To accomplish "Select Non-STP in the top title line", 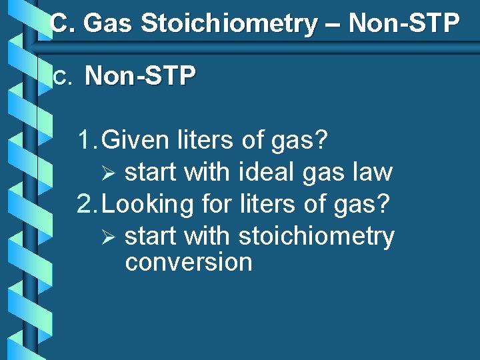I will click(404, 24).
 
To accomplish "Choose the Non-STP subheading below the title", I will click(141, 77).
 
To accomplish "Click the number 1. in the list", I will click(89, 141).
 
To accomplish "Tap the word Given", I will click(137, 141).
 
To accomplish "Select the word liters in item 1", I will click(207, 141).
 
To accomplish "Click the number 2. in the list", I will click(89, 204).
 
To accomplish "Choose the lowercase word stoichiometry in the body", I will click(316, 237).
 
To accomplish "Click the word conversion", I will click(189, 262).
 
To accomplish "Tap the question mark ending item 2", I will click(382, 204).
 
